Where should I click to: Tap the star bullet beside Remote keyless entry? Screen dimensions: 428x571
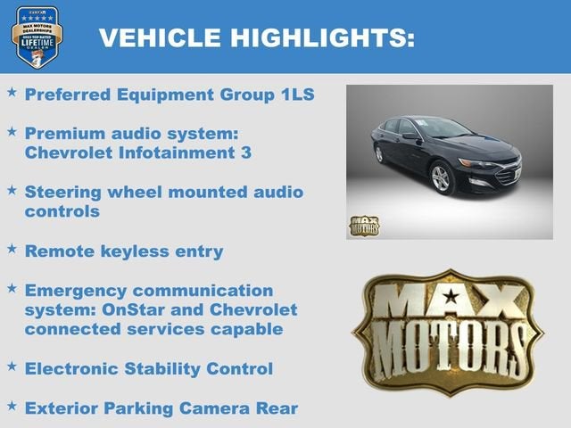pos(12,249)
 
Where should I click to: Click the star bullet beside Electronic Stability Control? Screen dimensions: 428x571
pos(12,366)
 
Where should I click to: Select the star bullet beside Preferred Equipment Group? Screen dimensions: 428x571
pos(12,92)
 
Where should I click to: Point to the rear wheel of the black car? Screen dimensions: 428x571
pos(380,154)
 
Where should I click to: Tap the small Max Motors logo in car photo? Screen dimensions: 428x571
pos(364,226)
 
